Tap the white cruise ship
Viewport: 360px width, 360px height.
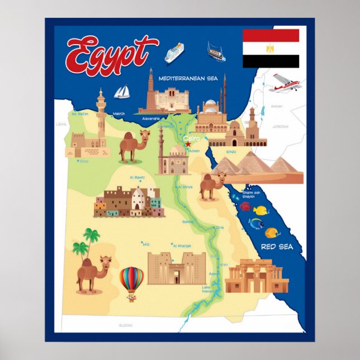(x=174, y=53)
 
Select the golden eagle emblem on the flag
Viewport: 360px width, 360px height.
(x=271, y=49)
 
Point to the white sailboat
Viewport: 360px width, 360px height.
(x=122, y=92)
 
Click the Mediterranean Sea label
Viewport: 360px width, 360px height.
(x=188, y=78)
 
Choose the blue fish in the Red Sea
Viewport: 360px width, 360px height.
(x=257, y=224)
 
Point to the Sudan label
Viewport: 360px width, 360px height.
(x=125, y=324)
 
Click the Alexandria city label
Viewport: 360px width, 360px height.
(x=151, y=119)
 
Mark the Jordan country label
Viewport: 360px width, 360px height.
(x=280, y=126)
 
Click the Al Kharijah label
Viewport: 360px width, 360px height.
(x=183, y=245)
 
